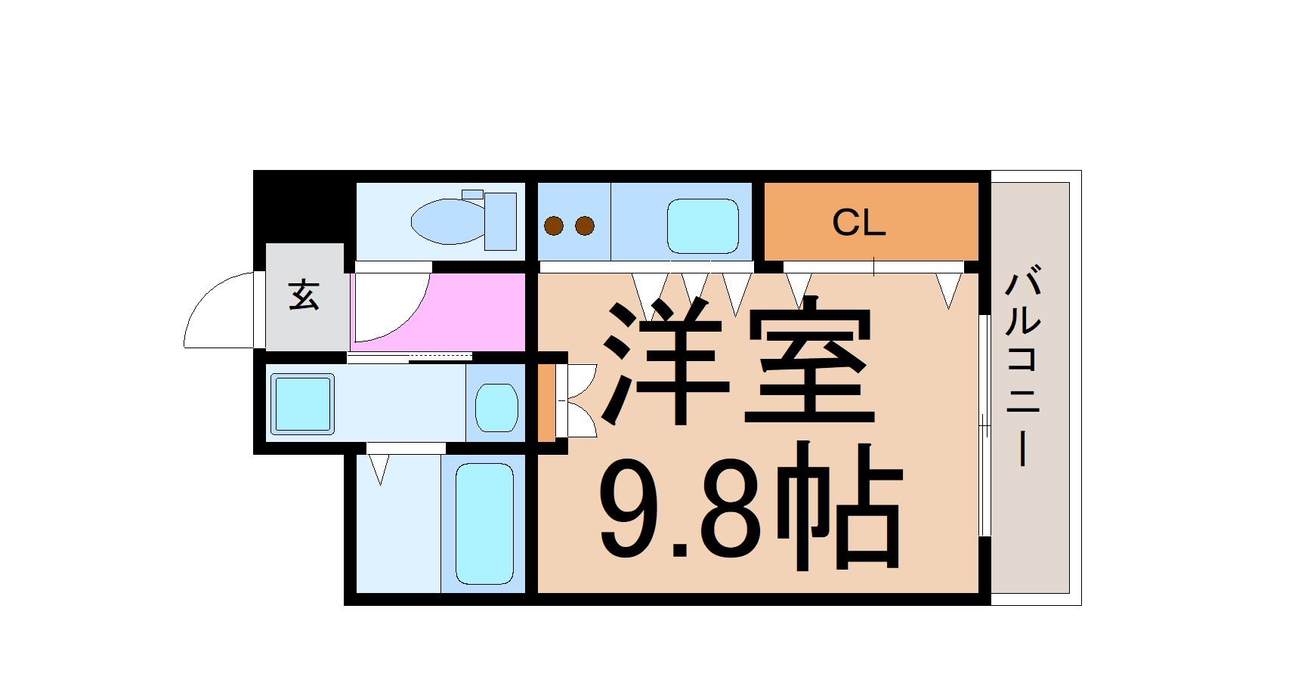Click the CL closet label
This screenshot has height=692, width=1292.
click(858, 223)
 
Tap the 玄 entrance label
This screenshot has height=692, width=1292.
click(304, 295)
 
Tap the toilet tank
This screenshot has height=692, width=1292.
click(500, 221)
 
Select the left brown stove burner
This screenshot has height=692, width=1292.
click(555, 225)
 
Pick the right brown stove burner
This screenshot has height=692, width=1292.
click(584, 225)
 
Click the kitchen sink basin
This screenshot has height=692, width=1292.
click(702, 226)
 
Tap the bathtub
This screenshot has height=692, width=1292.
click(484, 524)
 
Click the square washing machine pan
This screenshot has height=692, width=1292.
click(302, 404)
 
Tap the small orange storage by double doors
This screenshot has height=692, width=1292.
click(546, 403)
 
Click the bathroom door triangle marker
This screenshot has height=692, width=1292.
click(379, 468)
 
